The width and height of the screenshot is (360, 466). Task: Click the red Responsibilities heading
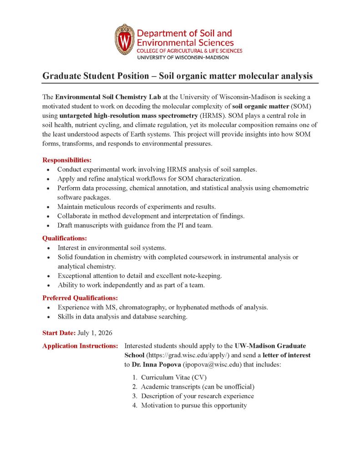click(x=67, y=160)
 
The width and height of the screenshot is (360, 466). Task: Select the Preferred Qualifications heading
click(x=80, y=298)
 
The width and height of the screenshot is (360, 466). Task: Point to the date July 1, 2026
click(x=95, y=333)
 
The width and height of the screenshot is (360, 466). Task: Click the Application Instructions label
click(x=80, y=346)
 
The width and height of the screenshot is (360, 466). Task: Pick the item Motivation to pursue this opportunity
click(x=193, y=405)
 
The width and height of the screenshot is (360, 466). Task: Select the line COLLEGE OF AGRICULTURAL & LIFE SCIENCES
click(x=189, y=51)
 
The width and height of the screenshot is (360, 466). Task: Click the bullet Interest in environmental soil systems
click(x=112, y=248)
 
